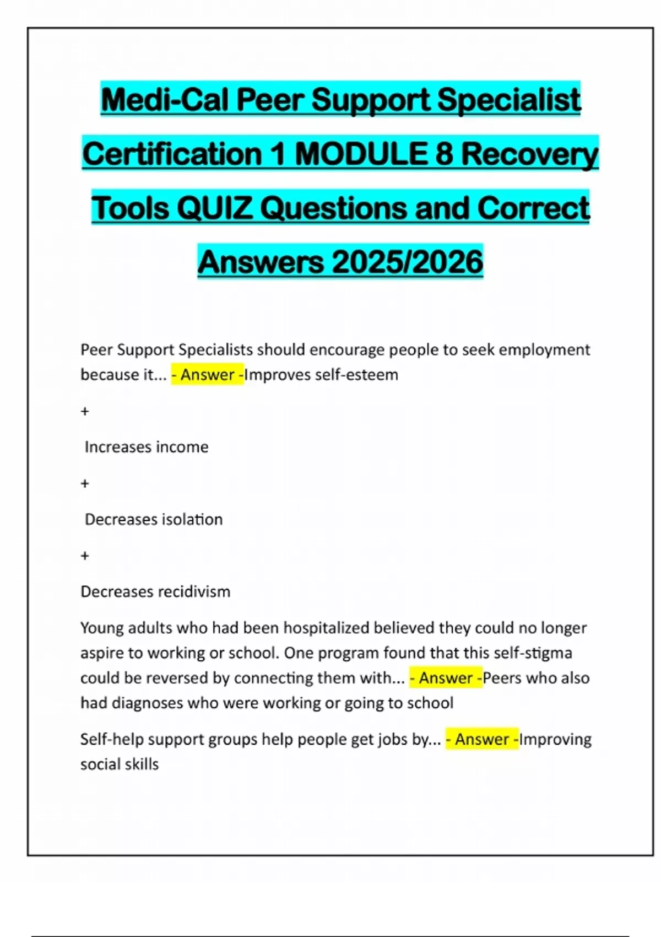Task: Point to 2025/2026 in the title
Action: click(408, 262)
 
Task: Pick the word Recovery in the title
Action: click(529, 154)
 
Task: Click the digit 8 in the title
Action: click(444, 154)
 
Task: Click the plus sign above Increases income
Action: click(85, 411)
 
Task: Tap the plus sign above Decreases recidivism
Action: click(85, 556)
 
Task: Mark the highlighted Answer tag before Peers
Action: click(446, 678)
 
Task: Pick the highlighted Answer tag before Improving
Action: click(482, 739)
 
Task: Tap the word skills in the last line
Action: click(144, 764)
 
